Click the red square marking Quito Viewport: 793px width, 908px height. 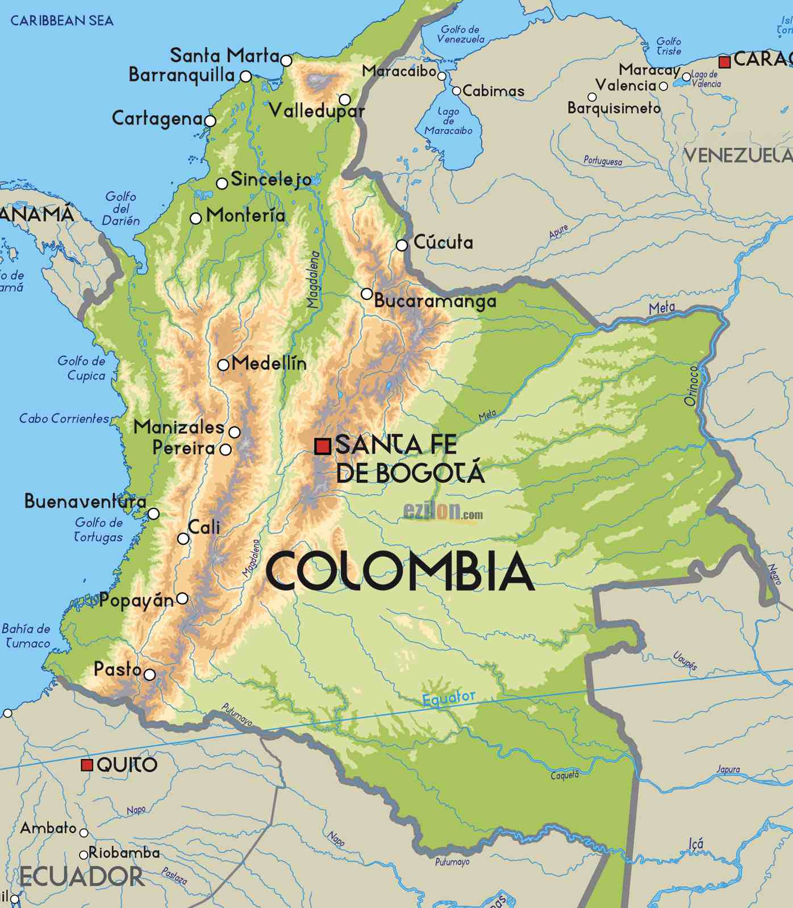87,765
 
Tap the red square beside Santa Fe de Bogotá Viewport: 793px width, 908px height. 323,446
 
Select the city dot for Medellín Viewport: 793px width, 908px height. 223,365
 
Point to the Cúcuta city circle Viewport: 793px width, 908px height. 402,245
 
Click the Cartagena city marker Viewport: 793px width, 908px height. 210,121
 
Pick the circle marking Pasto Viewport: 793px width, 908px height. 149,675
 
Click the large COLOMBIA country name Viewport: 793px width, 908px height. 399,571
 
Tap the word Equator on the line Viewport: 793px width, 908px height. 449,698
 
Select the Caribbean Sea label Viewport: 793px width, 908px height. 62,21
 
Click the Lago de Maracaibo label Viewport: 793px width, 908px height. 448,121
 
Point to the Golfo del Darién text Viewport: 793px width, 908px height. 121,209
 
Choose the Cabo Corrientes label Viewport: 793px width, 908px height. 64,419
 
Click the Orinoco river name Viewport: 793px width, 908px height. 691,385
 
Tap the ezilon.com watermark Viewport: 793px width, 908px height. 443,512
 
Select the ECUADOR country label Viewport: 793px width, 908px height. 81,877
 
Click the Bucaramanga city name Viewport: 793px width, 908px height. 435,301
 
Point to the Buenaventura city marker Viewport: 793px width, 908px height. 153,514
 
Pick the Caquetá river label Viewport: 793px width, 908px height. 565,775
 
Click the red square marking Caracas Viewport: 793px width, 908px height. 724,62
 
